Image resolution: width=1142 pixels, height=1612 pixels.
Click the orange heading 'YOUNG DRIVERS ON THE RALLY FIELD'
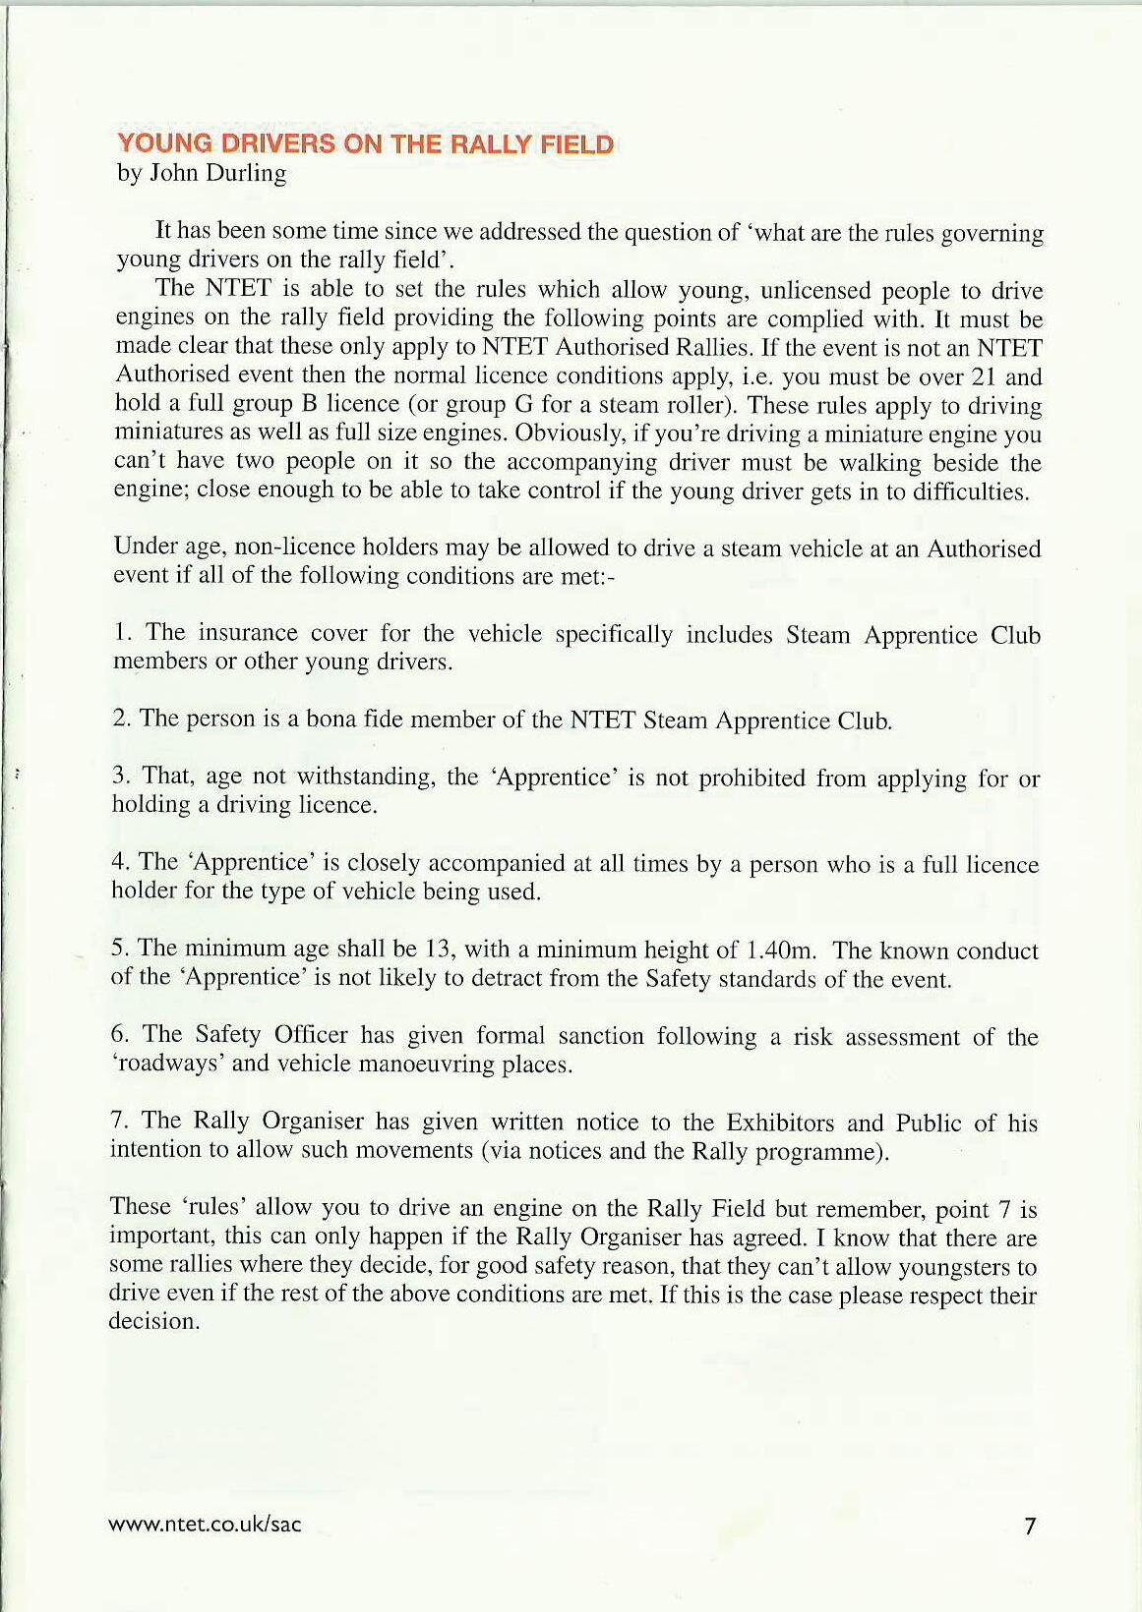[365, 144]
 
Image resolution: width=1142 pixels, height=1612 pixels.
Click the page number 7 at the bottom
[1030, 1526]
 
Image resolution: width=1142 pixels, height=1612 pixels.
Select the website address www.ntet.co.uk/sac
[205, 1525]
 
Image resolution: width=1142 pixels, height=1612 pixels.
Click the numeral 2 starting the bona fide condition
[119, 719]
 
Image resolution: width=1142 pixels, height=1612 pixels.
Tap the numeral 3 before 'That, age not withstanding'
[119, 776]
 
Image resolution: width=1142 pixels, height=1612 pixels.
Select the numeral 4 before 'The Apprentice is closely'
[119, 862]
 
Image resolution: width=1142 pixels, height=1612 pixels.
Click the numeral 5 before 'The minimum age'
[118, 948]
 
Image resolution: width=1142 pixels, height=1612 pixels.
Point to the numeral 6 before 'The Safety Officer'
[118, 1034]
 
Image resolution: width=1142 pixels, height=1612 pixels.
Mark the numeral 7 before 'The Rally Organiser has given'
[117, 1121]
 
